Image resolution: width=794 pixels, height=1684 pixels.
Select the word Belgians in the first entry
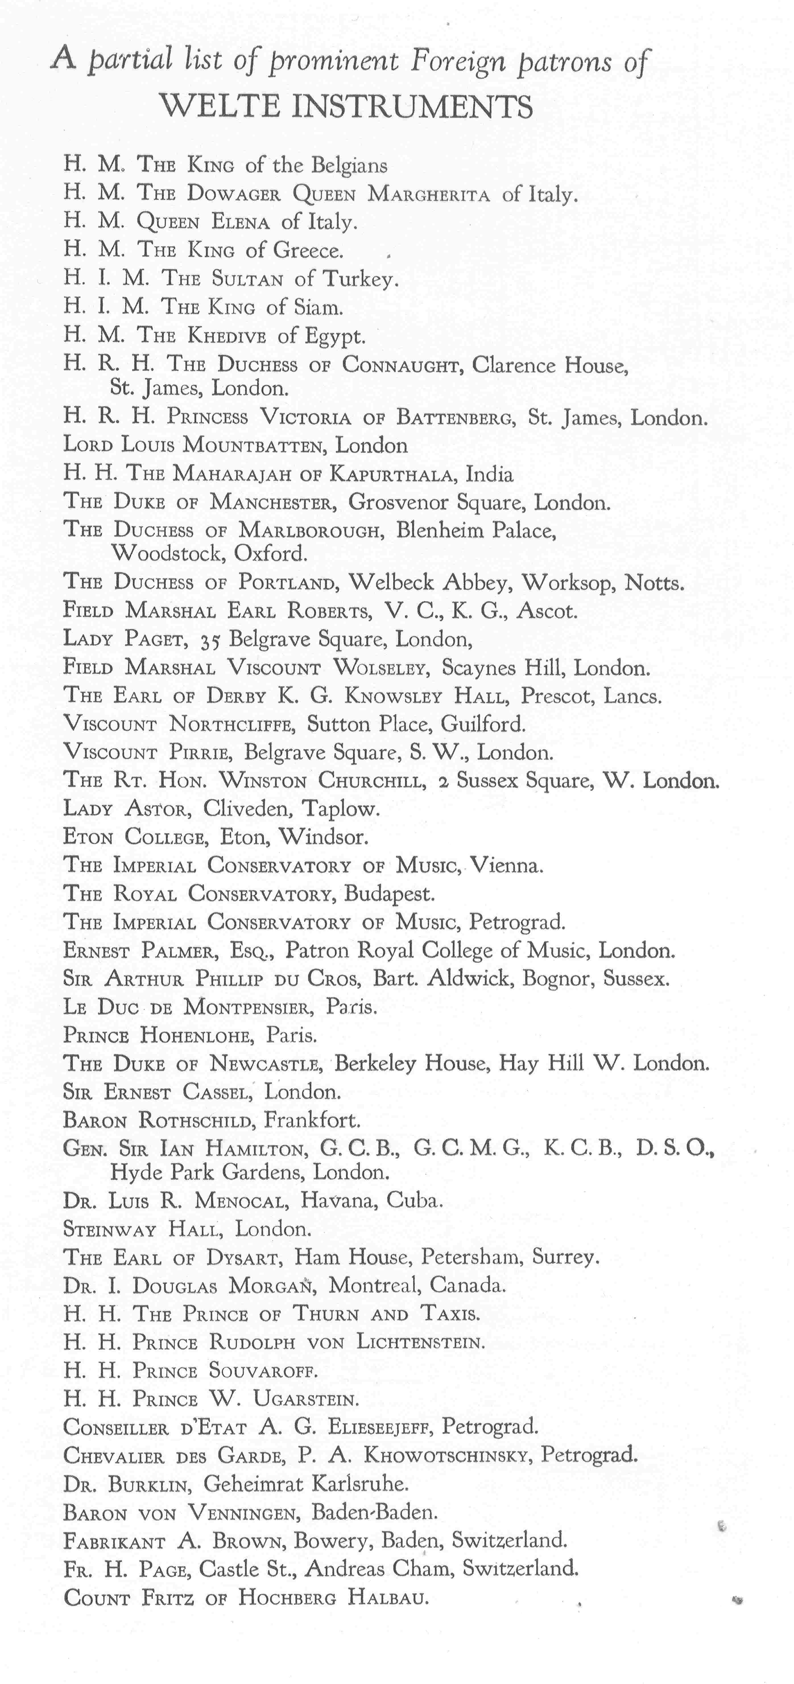pyautogui.click(x=349, y=165)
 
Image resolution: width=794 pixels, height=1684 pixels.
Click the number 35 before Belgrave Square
pyautogui.click(x=210, y=640)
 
